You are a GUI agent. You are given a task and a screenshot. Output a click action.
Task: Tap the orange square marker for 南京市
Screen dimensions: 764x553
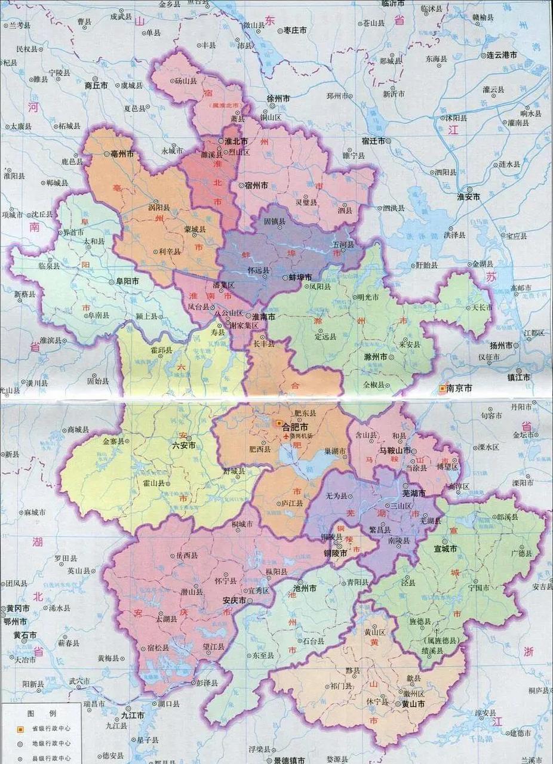pyautogui.click(x=442, y=388)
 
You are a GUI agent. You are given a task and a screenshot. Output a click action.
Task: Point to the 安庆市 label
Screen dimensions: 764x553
pyautogui.click(x=234, y=600)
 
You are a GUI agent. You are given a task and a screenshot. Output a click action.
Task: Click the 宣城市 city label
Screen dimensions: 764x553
pyautogui.click(x=446, y=548)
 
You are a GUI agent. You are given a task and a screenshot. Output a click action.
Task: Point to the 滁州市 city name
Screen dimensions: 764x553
pyautogui.click(x=375, y=356)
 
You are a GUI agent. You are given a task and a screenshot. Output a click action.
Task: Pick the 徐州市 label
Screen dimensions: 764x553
pyautogui.click(x=278, y=97)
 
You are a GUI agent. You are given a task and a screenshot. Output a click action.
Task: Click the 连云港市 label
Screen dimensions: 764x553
pyautogui.click(x=500, y=55)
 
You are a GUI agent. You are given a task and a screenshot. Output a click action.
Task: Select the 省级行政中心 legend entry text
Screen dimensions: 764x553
pyautogui.click(x=52, y=728)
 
